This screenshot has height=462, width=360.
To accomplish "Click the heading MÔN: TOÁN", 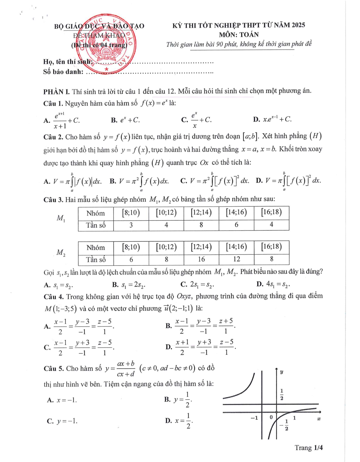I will click(239, 35).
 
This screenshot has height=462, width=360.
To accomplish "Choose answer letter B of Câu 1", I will click(114, 120).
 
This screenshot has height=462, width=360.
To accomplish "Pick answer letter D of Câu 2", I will click(259, 181).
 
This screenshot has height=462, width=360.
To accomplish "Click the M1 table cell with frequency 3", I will click(131, 225).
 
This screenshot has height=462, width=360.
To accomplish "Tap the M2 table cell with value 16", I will click(201, 259).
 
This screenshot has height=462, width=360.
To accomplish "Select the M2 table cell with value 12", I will click(236, 259).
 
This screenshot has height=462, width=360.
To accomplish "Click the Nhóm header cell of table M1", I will click(96, 213).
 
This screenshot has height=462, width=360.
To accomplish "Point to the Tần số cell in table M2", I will click(96, 260).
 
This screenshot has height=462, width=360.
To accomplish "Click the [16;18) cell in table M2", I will click(271, 247).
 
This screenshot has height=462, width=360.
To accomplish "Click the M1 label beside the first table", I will click(61, 218).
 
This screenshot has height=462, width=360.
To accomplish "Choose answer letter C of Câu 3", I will click(184, 284).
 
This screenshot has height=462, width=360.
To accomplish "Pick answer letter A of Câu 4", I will click(47, 326).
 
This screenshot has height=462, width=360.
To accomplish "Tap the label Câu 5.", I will click(54, 369).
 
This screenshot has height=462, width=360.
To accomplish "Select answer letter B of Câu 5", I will click(167, 399).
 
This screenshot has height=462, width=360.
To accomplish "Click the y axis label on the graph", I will click(282, 372).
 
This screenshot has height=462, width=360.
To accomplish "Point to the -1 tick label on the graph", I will click(254, 418).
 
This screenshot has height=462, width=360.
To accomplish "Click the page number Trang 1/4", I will click(309, 448).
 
